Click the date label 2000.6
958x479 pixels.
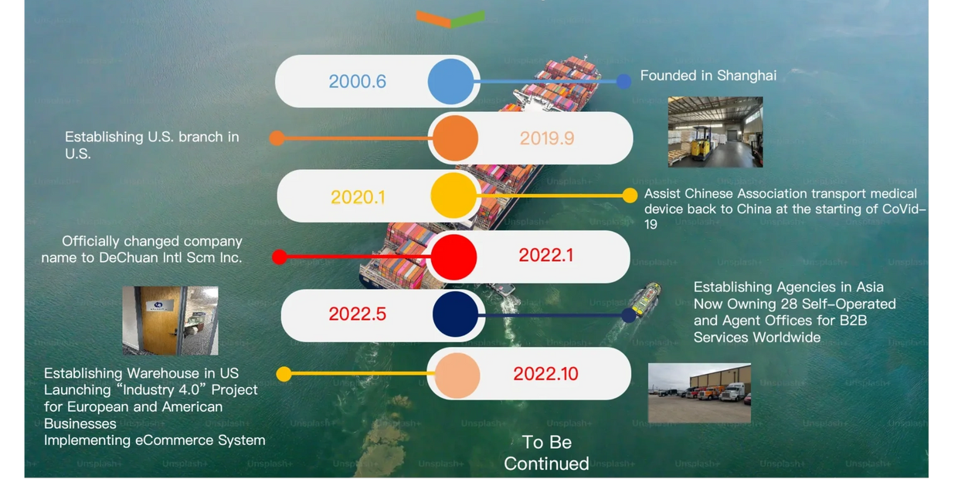tap(358, 81)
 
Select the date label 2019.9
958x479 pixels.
tap(547, 138)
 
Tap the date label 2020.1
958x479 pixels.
tap(358, 197)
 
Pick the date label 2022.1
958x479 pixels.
tap(546, 255)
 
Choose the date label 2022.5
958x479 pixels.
tap(358, 314)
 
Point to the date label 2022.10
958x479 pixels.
tap(545, 374)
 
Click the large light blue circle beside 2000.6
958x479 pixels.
tap(450, 81)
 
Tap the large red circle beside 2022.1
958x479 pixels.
tap(454, 257)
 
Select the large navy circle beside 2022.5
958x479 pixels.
tap(456, 314)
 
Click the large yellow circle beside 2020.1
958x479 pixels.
tap(454, 195)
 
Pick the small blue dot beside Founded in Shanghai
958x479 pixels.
tap(623, 81)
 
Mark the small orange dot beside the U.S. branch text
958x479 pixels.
tap(277, 138)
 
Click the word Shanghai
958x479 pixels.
tap(746, 76)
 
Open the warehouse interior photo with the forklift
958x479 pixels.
tap(715, 131)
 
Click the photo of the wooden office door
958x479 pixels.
tap(170, 321)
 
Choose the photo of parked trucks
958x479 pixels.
tap(699, 393)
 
